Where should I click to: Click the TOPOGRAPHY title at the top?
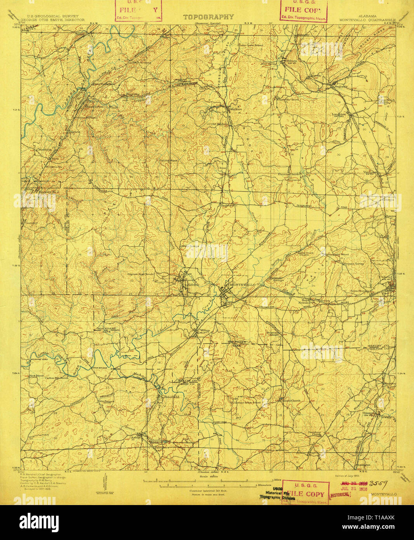click(208, 17)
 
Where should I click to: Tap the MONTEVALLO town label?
click(243, 285)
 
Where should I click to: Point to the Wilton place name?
click(205, 331)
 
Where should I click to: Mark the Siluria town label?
click(292, 61)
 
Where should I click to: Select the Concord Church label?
click(291, 401)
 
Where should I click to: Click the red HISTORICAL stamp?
click(340, 495)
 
